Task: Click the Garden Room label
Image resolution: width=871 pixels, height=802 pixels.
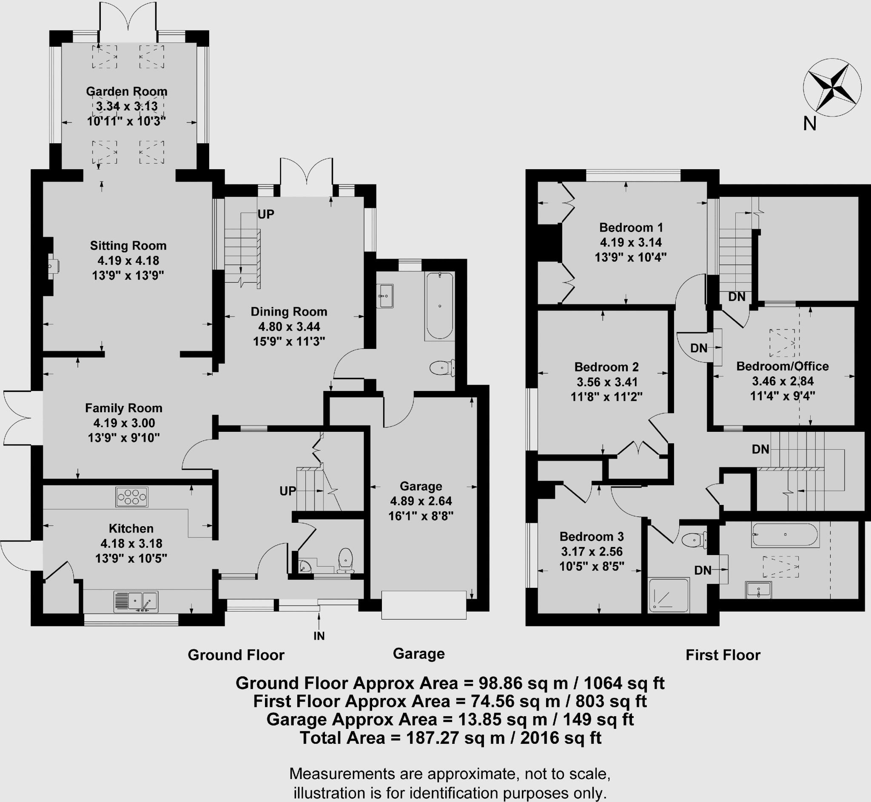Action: pos(126,91)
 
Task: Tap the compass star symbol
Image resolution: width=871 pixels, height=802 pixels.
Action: pos(831,94)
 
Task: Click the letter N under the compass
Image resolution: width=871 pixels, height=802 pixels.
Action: pos(809,124)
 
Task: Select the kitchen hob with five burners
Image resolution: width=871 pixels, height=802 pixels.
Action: pos(131,497)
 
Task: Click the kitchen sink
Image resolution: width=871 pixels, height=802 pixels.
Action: pos(136,602)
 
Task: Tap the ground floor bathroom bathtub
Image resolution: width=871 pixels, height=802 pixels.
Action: pos(439,306)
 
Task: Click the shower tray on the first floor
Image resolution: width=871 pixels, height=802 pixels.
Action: pos(668,595)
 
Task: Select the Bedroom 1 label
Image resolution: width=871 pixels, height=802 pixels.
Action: pos(631,227)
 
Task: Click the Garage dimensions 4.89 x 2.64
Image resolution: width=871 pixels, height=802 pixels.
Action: pos(421,501)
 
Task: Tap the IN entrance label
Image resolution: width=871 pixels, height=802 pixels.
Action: pos(319,636)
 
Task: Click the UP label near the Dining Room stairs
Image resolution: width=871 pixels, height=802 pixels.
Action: pos(266,214)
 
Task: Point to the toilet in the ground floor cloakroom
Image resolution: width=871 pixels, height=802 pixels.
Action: pos(345,559)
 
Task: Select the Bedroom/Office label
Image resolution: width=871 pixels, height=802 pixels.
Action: pos(783,366)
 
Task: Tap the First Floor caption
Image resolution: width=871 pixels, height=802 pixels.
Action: pos(723,655)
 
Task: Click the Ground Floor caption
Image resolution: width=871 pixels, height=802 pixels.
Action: pos(236,655)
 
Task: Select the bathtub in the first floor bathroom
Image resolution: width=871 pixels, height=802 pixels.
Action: pos(785,535)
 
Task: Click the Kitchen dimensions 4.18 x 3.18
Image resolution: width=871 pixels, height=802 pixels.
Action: pos(131,543)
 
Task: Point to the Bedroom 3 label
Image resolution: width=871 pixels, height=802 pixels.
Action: pos(592,537)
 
